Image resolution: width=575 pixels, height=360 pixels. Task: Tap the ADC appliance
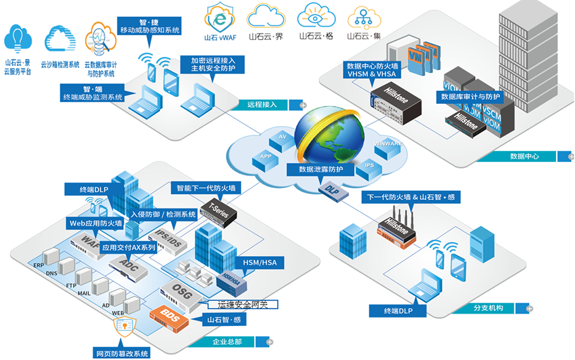coord(129,264)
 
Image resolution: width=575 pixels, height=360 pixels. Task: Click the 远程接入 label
coord(262,105)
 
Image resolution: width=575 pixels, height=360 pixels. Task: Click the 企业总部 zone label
coord(227,340)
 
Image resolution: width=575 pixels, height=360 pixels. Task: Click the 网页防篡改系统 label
coord(123,353)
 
